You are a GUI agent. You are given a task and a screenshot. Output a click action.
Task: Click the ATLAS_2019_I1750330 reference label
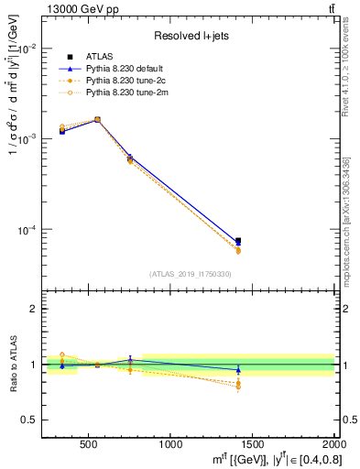(x=190, y=274)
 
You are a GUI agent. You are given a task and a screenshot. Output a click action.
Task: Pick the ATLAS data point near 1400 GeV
(x=238, y=241)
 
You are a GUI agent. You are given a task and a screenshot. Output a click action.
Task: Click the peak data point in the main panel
(x=97, y=119)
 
